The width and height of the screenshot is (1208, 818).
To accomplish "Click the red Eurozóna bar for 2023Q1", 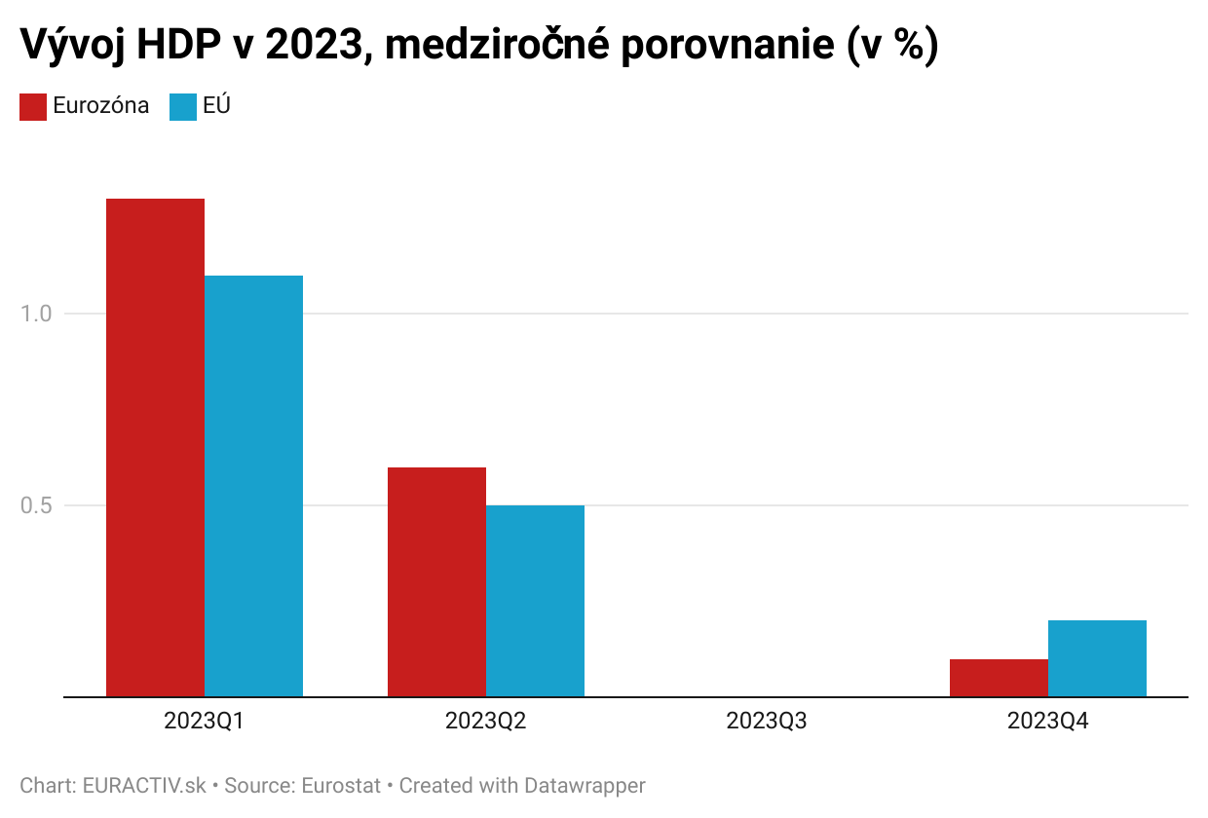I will [155, 448].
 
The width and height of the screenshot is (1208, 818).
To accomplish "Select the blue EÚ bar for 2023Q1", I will [253, 486].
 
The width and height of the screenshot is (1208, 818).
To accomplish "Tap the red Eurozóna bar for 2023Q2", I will [436, 581].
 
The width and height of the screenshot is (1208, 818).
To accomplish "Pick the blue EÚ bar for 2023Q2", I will [535, 601].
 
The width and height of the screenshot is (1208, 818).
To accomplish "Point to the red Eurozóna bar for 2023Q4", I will [999, 678].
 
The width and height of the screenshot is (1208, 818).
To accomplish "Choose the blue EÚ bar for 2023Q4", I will [1097, 658].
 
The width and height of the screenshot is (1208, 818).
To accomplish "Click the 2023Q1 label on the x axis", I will [204, 722].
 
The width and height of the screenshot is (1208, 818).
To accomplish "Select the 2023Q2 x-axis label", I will [485, 722].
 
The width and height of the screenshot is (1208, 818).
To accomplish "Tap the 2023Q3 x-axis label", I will [767, 722].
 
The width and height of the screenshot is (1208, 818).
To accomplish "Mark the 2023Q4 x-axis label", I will [1048, 722].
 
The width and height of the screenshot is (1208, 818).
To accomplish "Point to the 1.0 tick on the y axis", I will [36, 314].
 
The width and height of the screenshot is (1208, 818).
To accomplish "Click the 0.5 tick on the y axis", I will [36, 505].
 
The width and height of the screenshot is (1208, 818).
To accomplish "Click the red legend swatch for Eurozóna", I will [33, 106].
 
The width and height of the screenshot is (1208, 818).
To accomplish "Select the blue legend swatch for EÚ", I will [183, 106].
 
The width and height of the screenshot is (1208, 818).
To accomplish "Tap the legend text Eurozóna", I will [101, 106].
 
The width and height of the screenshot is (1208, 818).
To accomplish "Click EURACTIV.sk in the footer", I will [145, 785].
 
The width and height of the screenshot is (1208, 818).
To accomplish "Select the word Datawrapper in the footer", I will [584, 785].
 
